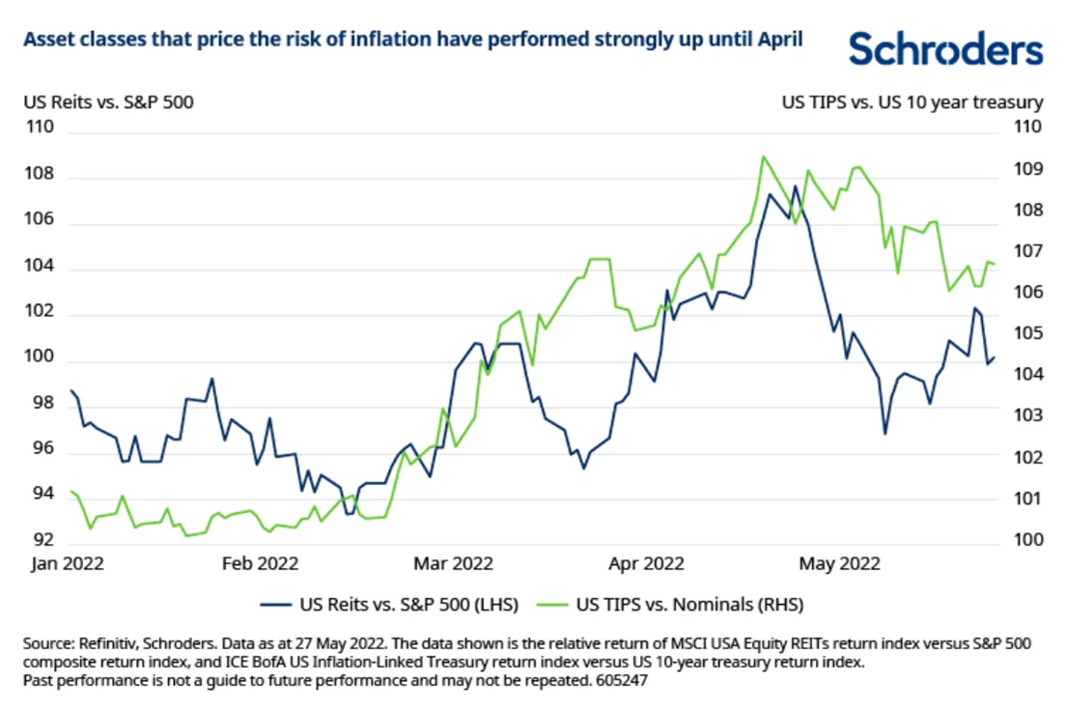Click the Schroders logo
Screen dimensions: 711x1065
pyautogui.click(x=945, y=48)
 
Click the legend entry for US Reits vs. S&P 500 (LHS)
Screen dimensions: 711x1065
pyautogui.click(x=390, y=606)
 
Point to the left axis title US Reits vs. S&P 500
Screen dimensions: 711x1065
pyautogui.click(x=108, y=101)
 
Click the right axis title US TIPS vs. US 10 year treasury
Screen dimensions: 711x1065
pyautogui.click(x=911, y=101)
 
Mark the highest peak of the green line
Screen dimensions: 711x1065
pyautogui.click(x=763, y=156)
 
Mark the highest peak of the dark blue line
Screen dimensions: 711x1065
pyautogui.click(x=796, y=186)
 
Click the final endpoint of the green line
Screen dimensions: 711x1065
pyautogui.click(x=995, y=265)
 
